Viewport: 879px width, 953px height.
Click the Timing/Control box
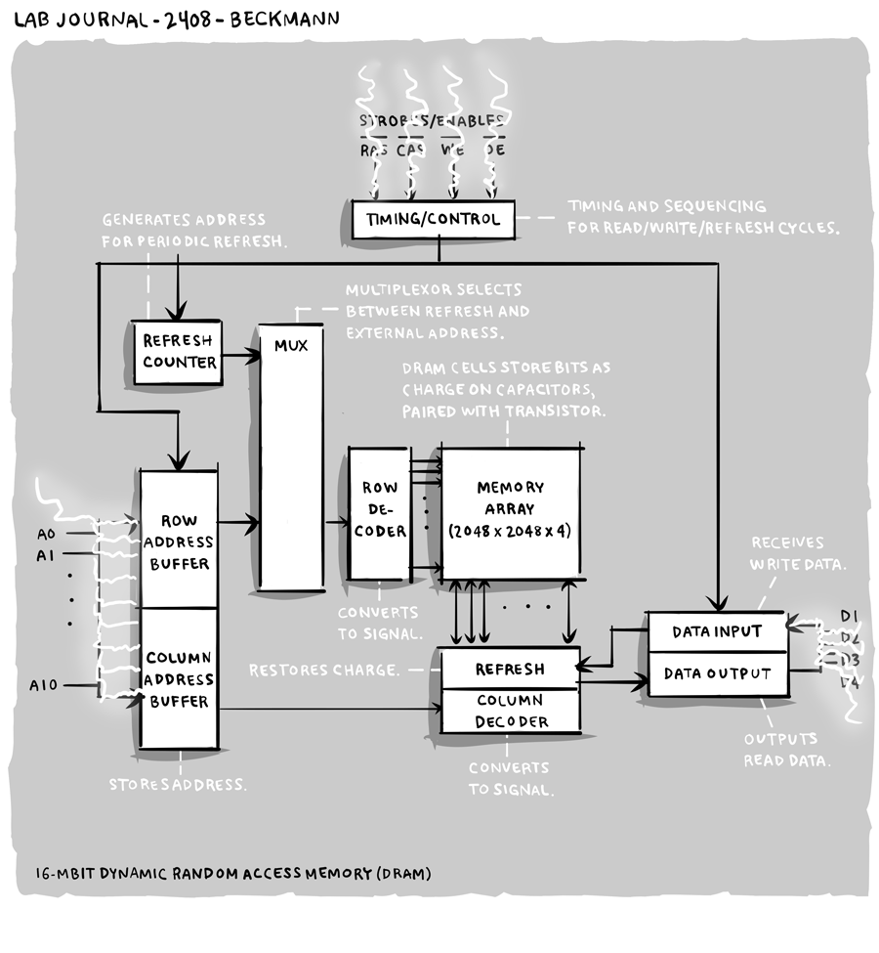pos(433,219)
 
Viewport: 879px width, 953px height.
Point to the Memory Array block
pos(511,510)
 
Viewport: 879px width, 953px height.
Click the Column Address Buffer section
pos(179,678)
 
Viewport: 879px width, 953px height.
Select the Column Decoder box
pos(510,712)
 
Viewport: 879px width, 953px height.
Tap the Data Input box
pos(717,631)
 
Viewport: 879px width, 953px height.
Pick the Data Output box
pos(717,673)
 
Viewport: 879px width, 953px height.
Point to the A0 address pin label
pos(45,535)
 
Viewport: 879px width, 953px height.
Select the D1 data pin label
pos(849,616)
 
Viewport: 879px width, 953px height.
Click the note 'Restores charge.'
pos(323,671)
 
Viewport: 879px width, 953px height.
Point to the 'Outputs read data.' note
pos(786,750)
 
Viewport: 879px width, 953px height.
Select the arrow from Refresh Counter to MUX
pos(239,357)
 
